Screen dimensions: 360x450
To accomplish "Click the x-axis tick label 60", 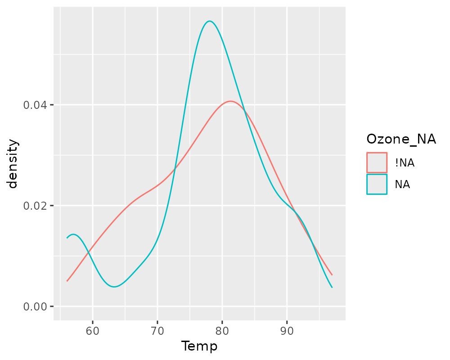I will click(x=93, y=331).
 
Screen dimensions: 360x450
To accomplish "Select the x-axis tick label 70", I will click(x=157, y=331).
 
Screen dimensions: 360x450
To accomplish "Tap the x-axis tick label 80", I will click(x=222, y=331).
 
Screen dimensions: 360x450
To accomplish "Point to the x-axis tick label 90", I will click(x=287, y=331).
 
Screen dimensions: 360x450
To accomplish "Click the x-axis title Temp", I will click(x=199, y=346).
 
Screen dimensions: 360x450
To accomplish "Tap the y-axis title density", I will click(x=13, y=163).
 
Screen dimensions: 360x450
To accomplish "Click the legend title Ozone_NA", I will click(x=401, y=139).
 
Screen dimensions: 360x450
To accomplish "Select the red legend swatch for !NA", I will click(x=377, y=162).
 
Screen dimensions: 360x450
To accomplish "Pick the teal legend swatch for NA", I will click(x=377, y=184).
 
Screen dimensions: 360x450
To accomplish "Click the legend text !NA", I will click(x=405, y=163).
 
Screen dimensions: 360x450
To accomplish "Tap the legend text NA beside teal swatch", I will click(x=402, y=184).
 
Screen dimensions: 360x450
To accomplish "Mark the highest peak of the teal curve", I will click(x=209, y=21).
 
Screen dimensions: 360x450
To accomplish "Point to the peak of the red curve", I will click(x=230, y=101).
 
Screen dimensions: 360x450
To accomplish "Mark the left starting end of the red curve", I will click(x=67, y=281).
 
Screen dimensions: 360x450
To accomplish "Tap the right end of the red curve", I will click(x=332, y=274).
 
